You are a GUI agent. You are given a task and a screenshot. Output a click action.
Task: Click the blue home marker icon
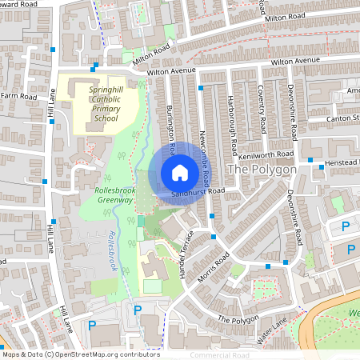pos(179,173)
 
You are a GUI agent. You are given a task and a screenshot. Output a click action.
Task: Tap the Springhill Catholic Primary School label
pos(105,105)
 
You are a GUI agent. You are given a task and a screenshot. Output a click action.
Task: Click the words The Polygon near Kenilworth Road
pos(262,170)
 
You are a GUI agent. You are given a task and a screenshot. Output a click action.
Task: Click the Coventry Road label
pos(262,110)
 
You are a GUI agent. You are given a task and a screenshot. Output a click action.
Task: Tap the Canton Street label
pos(343,118)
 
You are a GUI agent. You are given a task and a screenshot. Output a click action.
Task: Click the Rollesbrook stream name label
pos(112,252)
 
